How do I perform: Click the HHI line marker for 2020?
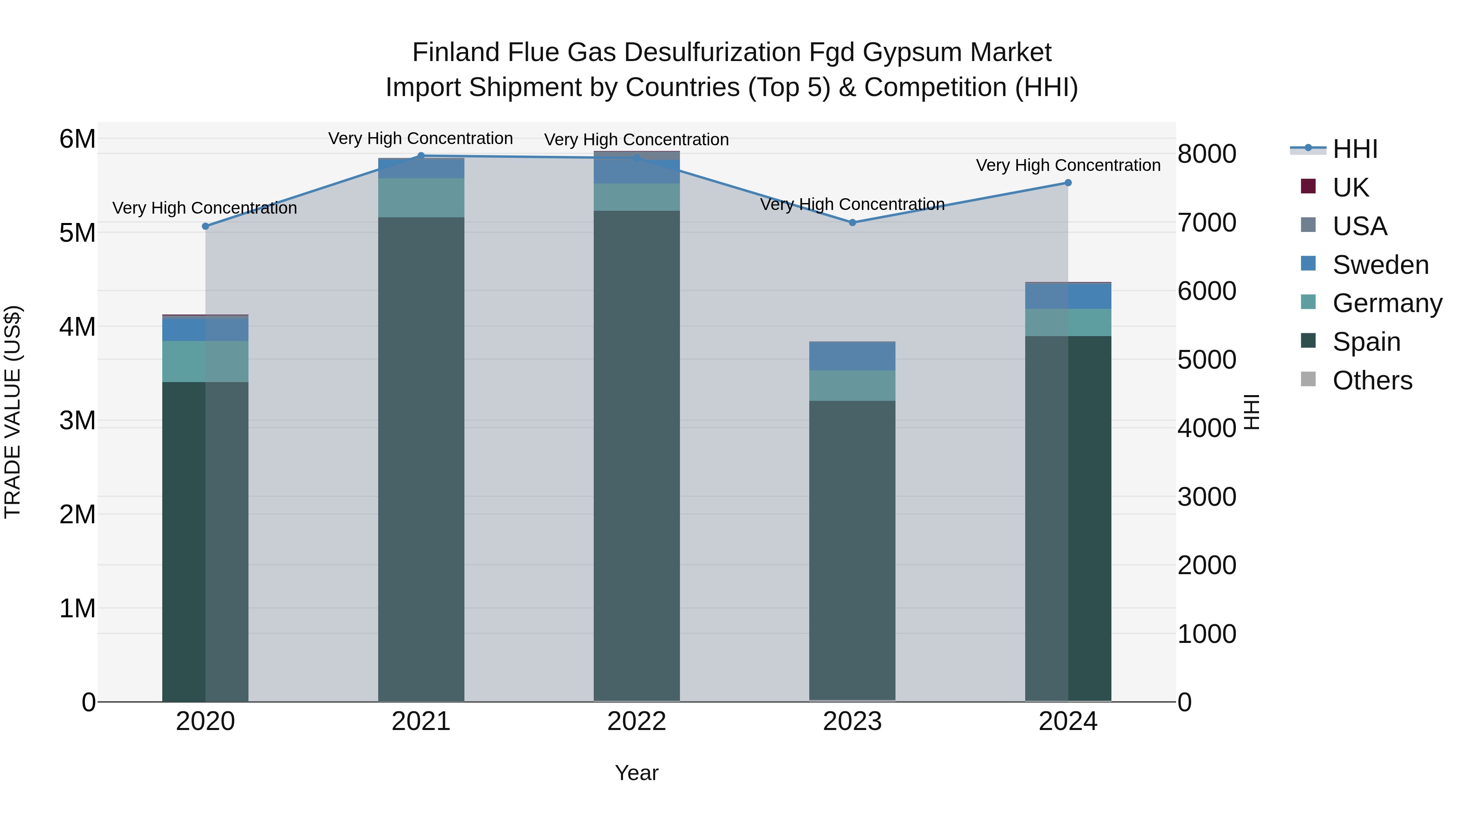(x=205, y=226)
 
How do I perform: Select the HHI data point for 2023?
(x=852, y=222)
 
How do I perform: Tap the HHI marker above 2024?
(x=1067, y=183)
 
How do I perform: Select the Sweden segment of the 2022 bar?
(x=636, y=172)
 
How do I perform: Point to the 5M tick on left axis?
(x=77, y=233)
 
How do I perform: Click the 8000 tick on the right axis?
(x=1206, y=154)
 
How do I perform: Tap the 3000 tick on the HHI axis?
(x=1206, y=497)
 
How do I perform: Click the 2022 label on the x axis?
(x=636, y=721)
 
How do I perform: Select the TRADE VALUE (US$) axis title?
(x=13, y=412)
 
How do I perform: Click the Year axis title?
(x=636, y=773)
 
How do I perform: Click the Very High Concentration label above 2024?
(x=1067, y=166)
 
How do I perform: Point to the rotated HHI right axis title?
(x=1252, y=412)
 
